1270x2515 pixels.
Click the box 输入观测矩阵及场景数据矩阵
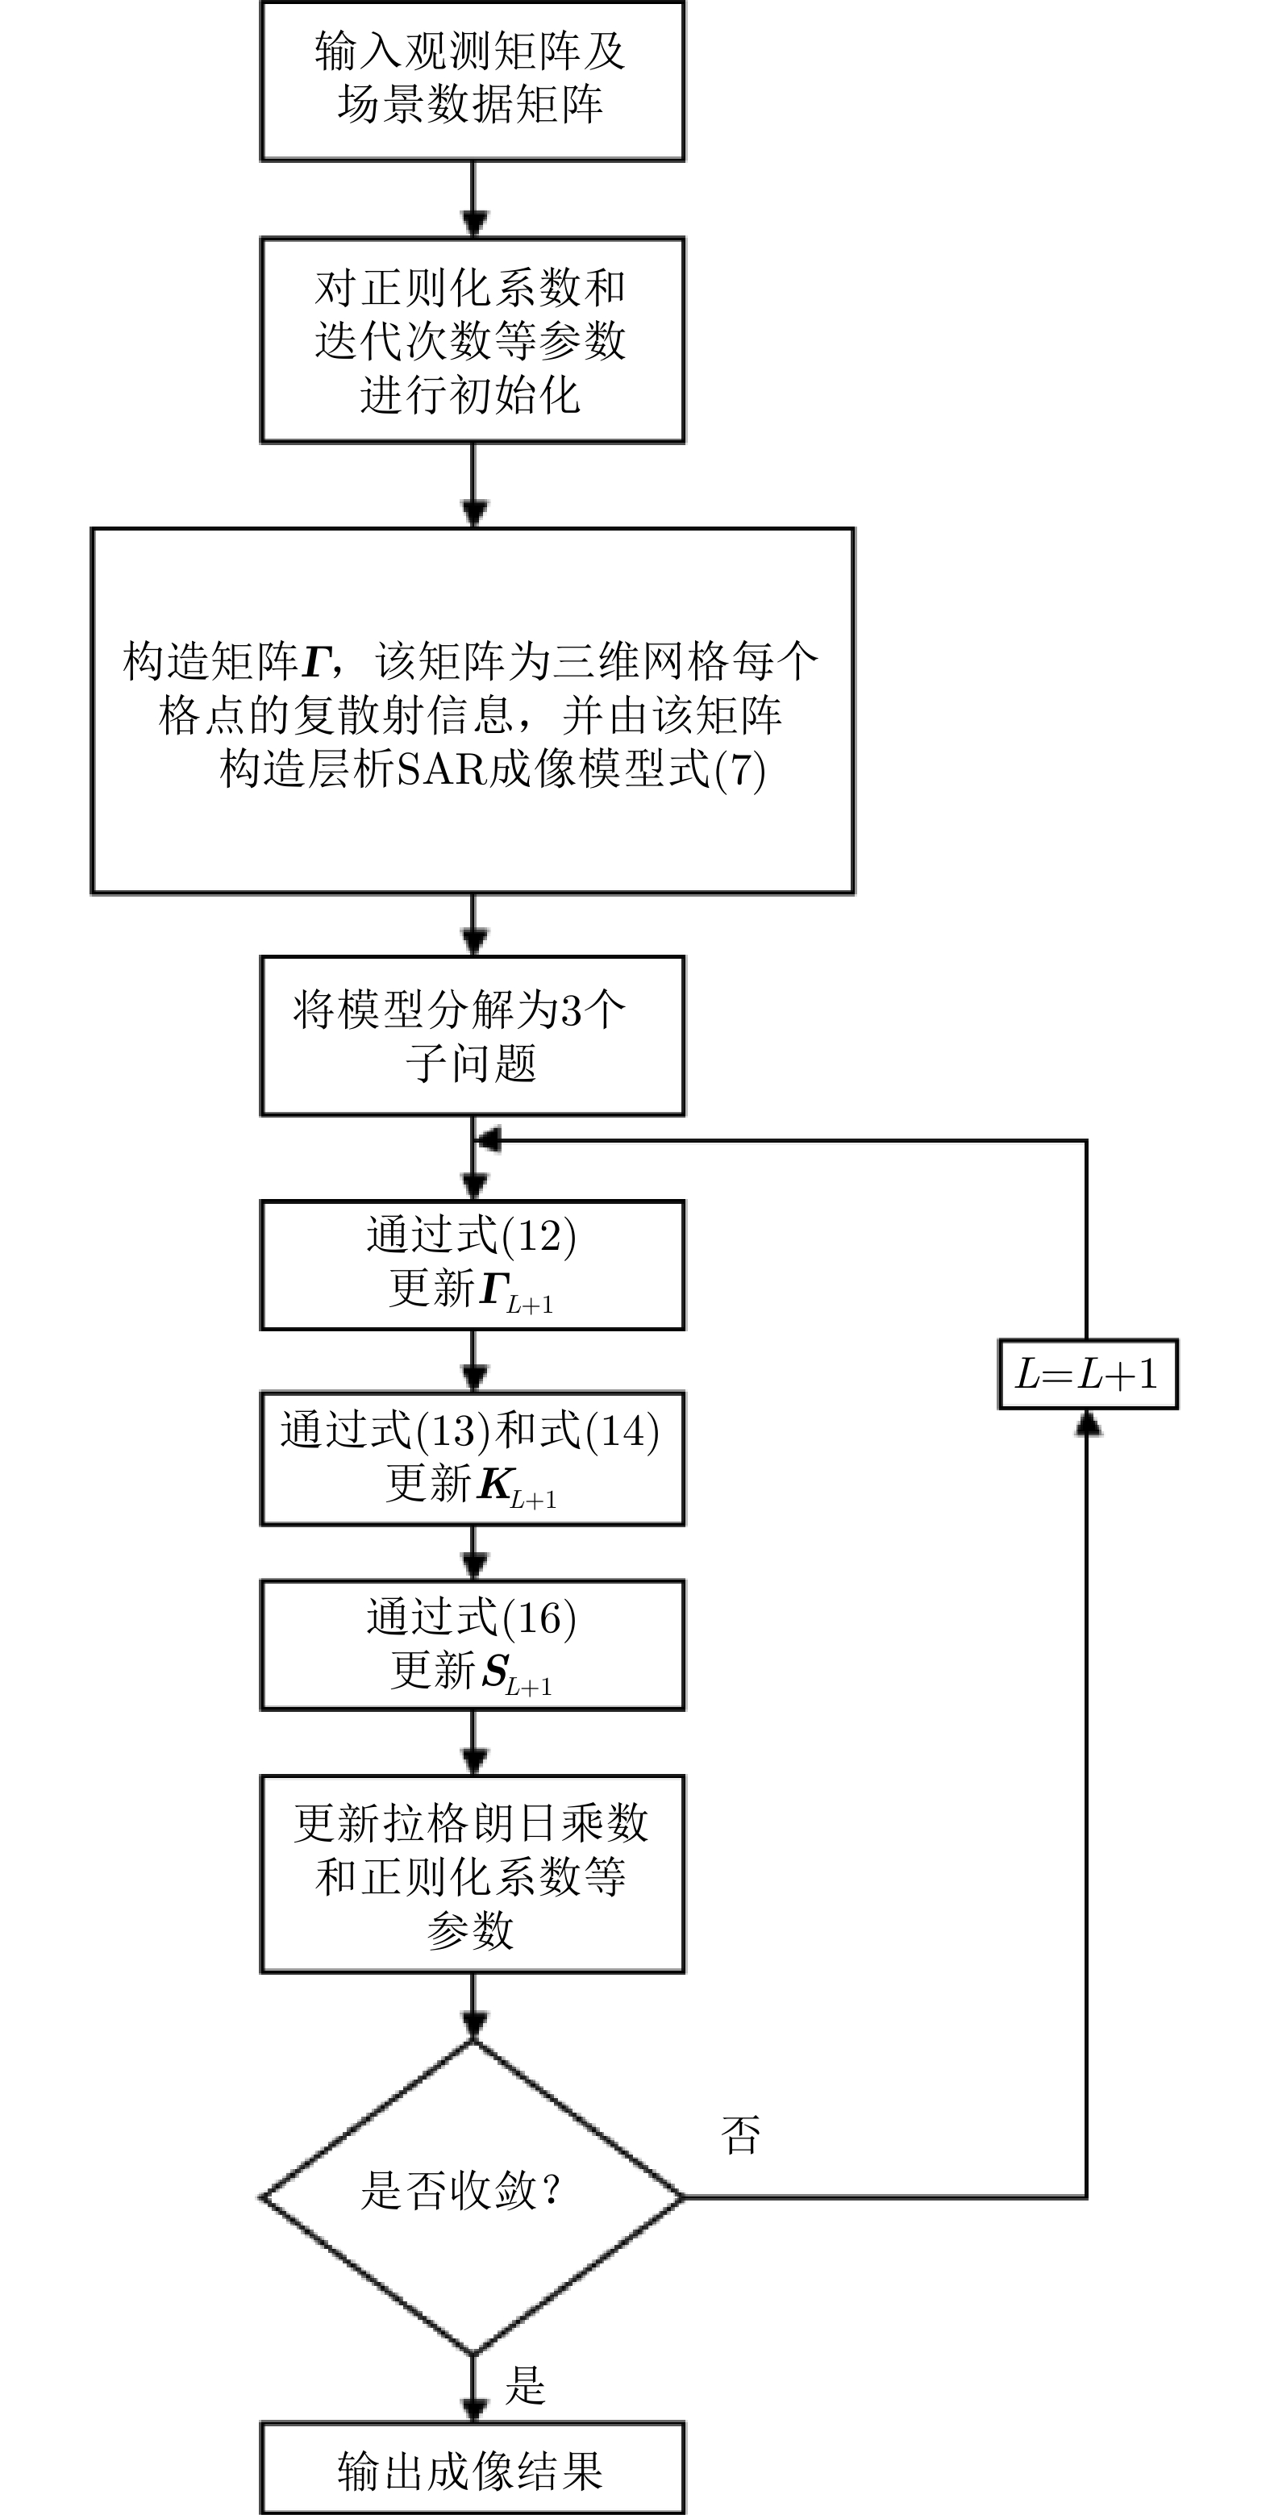coord(472,80)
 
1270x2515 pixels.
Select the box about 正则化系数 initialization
coord(472,339)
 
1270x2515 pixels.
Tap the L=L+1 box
coord(1088,1374)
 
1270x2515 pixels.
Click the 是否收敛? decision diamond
coord(472,2197)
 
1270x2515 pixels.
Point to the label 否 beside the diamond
coord(740,2135)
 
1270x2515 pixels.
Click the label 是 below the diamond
coord(525,2385)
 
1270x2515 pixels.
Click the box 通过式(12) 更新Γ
coord(472,1264)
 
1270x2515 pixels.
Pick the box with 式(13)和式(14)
coord(472,1458)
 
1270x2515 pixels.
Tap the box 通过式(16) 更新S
coord(472,1645)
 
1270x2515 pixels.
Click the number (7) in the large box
coord(740,770)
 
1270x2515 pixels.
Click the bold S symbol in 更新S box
coord(495,1671)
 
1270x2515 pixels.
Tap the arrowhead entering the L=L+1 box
coord(1088,1423)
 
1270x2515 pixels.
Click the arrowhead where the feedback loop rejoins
coord(486,1139)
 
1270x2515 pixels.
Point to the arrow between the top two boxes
coord(473,200)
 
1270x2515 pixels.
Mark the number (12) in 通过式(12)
coord(538,1236)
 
